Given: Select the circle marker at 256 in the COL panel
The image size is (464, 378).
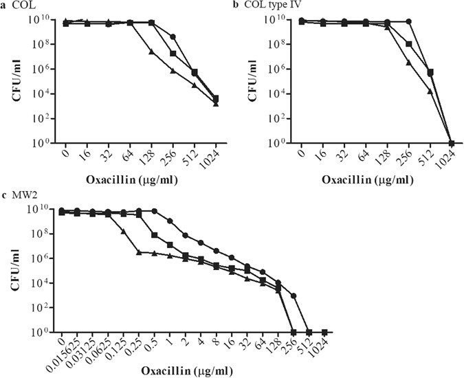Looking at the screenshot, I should [173, 36].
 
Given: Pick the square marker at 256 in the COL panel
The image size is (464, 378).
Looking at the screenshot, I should [173, 54].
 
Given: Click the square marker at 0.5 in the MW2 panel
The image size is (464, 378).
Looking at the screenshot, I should [155, 236].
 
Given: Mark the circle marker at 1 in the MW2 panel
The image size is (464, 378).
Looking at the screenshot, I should [170, 221].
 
